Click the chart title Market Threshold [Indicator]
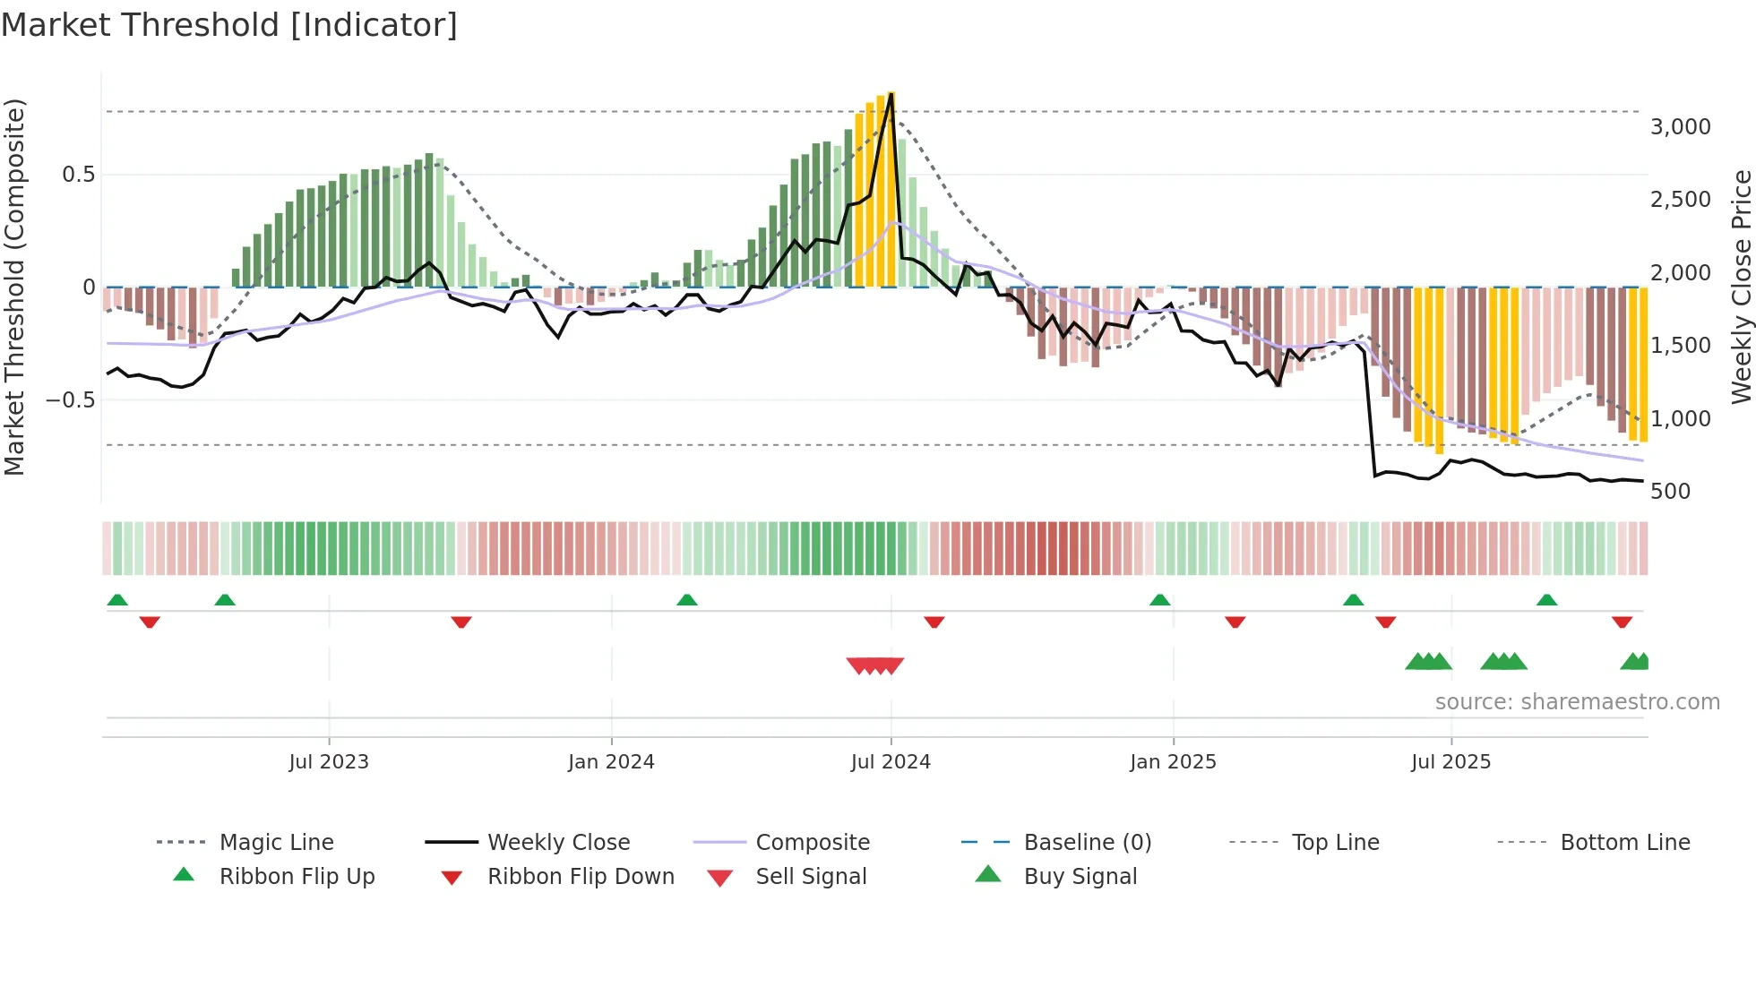pos(229,25)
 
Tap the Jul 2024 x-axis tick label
pos(891,761)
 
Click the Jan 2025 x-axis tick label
pos(1173,761)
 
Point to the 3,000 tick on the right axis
pos(1680,126)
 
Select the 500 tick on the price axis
pos(1670,491)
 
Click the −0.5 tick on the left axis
pos(70,399)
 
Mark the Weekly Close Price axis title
pos(1741,287)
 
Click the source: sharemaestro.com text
pos(1577,701)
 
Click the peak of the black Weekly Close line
pos(891,94)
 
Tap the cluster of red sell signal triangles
pos(875,665)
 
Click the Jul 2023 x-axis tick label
pos(329,761)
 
